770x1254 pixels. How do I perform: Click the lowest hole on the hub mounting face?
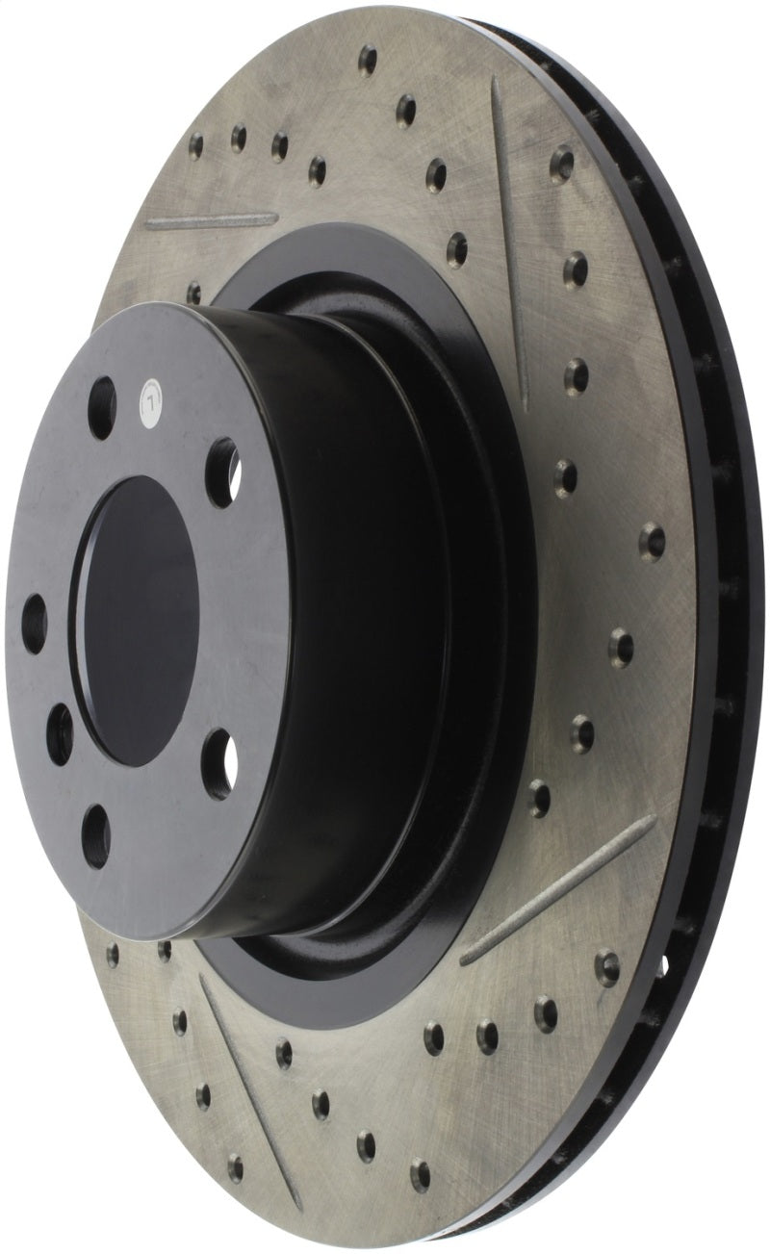point(96,826)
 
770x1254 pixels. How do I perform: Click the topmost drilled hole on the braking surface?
point(368,60)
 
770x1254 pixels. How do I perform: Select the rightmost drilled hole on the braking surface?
point(653,540)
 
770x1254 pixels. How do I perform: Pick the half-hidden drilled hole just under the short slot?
point(194,292)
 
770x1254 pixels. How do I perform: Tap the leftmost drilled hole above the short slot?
point(195,145)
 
